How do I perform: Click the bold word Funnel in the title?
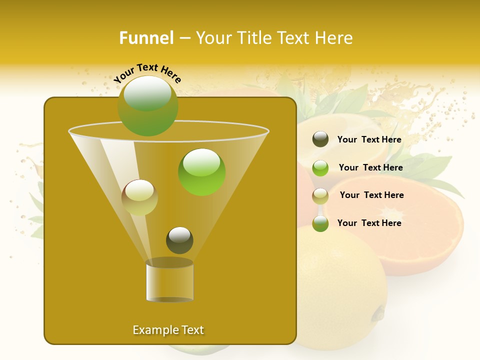click(x=146, y=38)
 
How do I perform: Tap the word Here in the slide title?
click(x=332, y=38)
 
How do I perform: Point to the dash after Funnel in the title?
click(x=184, y=38)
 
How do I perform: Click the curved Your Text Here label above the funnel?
click(x=147, y=72)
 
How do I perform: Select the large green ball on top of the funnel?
click(x=148, y=105)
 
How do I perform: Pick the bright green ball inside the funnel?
click(x=201, y=171)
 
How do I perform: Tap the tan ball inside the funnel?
click(x=139, y=197)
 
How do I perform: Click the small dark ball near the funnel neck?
click(x=179, y=240)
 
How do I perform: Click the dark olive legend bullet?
click(x=320, y=139)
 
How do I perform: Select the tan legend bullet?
click(x=320, y=195)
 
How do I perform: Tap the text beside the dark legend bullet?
click(x=369, y=139)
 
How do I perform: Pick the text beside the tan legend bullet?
click(x=371, y=195)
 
